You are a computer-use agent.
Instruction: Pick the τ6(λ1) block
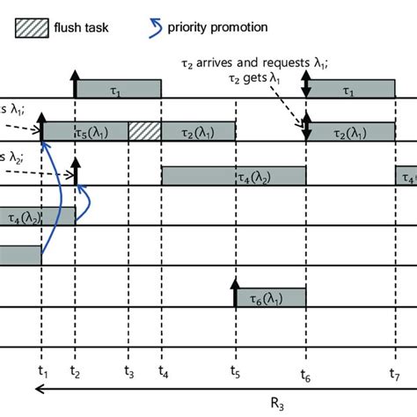[x=270, y=298]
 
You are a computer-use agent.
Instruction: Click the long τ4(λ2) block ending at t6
[x=233, y=175]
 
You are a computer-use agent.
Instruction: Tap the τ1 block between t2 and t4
[x=118, y=89]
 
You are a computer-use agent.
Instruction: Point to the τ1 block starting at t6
[x=350, y=89]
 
